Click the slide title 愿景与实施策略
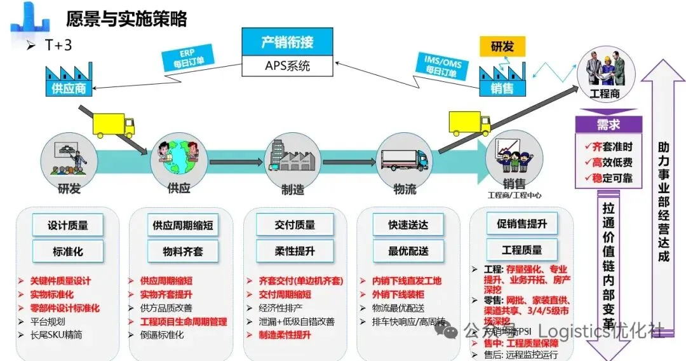coord(126,19)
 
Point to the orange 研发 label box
coord(502,46)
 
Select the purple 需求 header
coord(608,125)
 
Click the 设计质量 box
coord(67,225)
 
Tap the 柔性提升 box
coord(295,251)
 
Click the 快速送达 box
coord(408,225)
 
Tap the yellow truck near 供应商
coord(114,125)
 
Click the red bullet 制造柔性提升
coord(285,334)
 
